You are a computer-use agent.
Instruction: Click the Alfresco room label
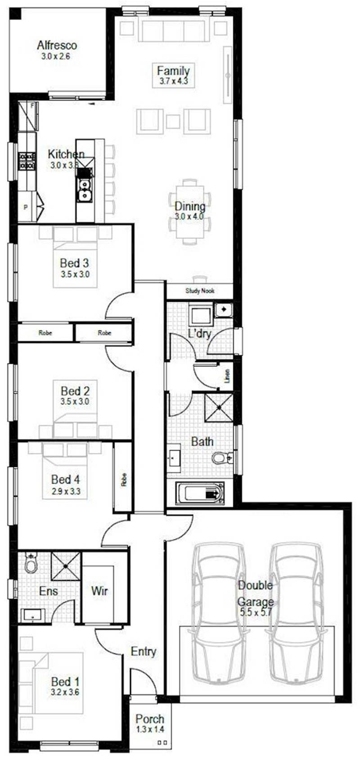(x=57, y=45)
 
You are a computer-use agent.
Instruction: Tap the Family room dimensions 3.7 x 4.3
(x=173, y=81)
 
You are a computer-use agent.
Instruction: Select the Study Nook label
(x=200, y=291)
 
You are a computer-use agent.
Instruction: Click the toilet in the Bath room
(x=221, y=458)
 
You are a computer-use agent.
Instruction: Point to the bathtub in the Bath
(x=200, y=493)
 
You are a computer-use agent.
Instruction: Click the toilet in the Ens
(x=31, y=563)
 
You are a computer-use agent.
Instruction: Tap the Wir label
(x=99, y=590)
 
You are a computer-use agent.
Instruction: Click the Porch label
(x=150, y=719)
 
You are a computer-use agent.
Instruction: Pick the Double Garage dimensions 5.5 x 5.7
(x=256, y=612)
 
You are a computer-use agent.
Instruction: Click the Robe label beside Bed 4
(x=124, y=480)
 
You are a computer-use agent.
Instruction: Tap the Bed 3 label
(x=74, y=262)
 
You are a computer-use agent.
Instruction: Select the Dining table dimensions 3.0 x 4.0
(x=189, y=216)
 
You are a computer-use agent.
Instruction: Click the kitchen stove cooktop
(x=27, y=161)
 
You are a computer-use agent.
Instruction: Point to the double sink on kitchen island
(x=85, y=190)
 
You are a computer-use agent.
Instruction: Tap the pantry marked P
(x=26, y=207)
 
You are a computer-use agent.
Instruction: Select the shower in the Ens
(x=65, y=566)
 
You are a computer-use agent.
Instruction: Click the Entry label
(x=144, y=651)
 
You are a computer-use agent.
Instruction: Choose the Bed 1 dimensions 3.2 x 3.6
(x=65, y=692)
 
